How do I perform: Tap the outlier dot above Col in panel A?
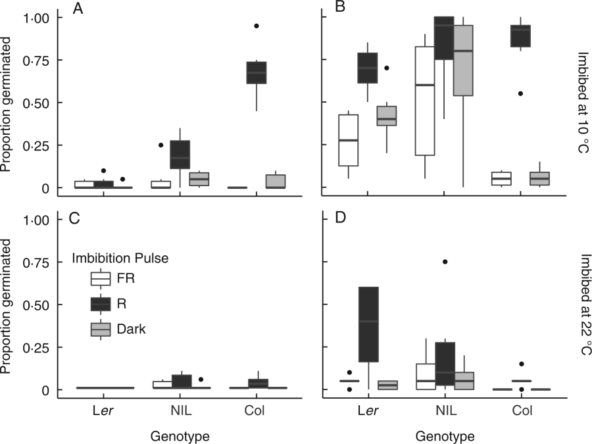click(x=256, y=26)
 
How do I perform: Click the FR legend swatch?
click(x=101, y=279)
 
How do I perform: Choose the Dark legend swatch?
click(x=101, y=330)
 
